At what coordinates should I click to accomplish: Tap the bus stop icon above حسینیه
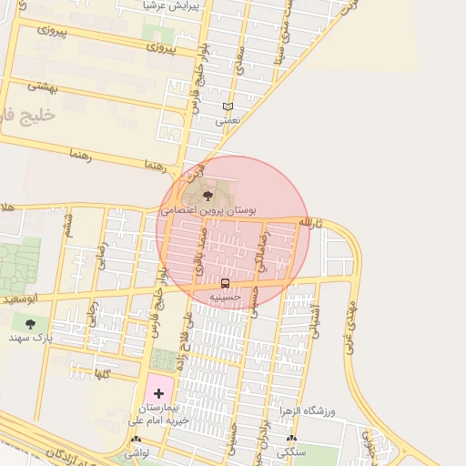(225, 282)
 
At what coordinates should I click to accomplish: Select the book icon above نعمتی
(227, 106)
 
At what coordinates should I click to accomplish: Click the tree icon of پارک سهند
(31, 323)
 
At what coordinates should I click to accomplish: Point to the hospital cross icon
(159, 393)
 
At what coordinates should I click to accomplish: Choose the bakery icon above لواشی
(136, 440)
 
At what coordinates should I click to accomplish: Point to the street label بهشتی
(43, 86)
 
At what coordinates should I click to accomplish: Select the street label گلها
(102, 374)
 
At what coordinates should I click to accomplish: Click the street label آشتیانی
(317, 322)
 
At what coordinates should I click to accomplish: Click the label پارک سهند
(27, 338)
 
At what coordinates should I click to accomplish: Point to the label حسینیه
(225, 296)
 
